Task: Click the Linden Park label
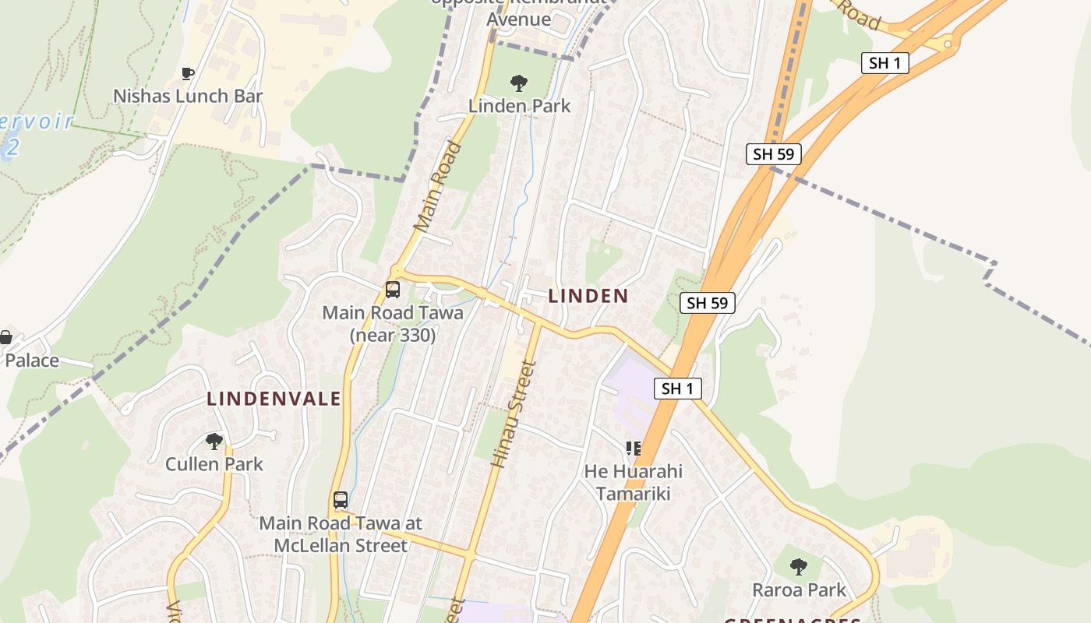519,106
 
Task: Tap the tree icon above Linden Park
518,83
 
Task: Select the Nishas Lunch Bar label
188,96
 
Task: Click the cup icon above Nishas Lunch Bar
188,74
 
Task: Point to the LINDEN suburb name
588,296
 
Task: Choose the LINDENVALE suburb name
274,399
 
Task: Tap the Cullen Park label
214,464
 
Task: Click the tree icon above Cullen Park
214,442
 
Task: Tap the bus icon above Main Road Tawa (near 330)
393,290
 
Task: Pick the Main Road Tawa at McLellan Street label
341,533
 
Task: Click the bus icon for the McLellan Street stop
341,500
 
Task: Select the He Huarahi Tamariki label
633,482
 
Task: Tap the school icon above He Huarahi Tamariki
633,449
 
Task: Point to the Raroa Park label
799,590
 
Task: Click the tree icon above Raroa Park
799,567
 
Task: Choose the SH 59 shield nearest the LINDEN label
708,303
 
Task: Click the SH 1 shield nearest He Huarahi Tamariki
677,389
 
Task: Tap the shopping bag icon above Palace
5,337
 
